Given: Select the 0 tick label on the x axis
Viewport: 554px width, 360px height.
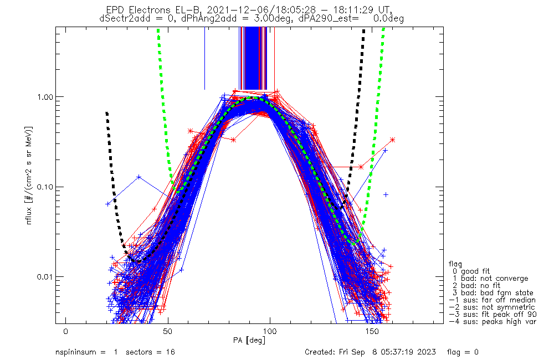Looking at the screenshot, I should coord(65,331).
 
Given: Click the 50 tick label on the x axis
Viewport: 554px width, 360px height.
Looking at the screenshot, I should coord(167,331).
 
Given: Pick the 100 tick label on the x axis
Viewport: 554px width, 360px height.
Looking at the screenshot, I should coord(269,331).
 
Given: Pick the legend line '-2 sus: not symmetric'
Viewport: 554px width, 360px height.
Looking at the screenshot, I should coord(491,307).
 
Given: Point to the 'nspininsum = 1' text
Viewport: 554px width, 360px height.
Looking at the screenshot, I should coord(86,352).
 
